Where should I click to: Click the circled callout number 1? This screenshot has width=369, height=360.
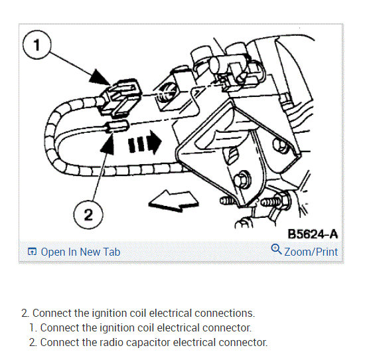[x=37, y=45]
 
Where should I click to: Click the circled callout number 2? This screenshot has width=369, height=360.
[x=88, y=215]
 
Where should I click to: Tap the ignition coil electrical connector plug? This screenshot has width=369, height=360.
[x=121, y=97]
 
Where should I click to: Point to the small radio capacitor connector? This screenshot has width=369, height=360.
[x=117, y=126]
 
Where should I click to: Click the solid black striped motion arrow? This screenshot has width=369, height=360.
[x=145, y=143]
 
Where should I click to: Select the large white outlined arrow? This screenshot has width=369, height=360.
[x=174, y=201]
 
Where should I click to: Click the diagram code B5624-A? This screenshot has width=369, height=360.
[x=313, y=234]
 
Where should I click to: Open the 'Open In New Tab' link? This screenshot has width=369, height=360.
[x=80, y=252]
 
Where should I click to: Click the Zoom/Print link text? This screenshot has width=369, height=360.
[x=311, y=252]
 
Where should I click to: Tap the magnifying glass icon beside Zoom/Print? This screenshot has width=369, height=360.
[x=276, y=249]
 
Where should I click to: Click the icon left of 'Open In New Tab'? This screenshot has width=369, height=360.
[x=32, y=252]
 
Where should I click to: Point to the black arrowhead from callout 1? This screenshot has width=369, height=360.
[x=100, y=77]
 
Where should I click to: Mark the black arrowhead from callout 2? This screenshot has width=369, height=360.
[x=108, y=143]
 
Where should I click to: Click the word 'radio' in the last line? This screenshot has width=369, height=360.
[x=111, y=342]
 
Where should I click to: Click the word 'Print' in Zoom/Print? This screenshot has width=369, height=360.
[x=327, y=252]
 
